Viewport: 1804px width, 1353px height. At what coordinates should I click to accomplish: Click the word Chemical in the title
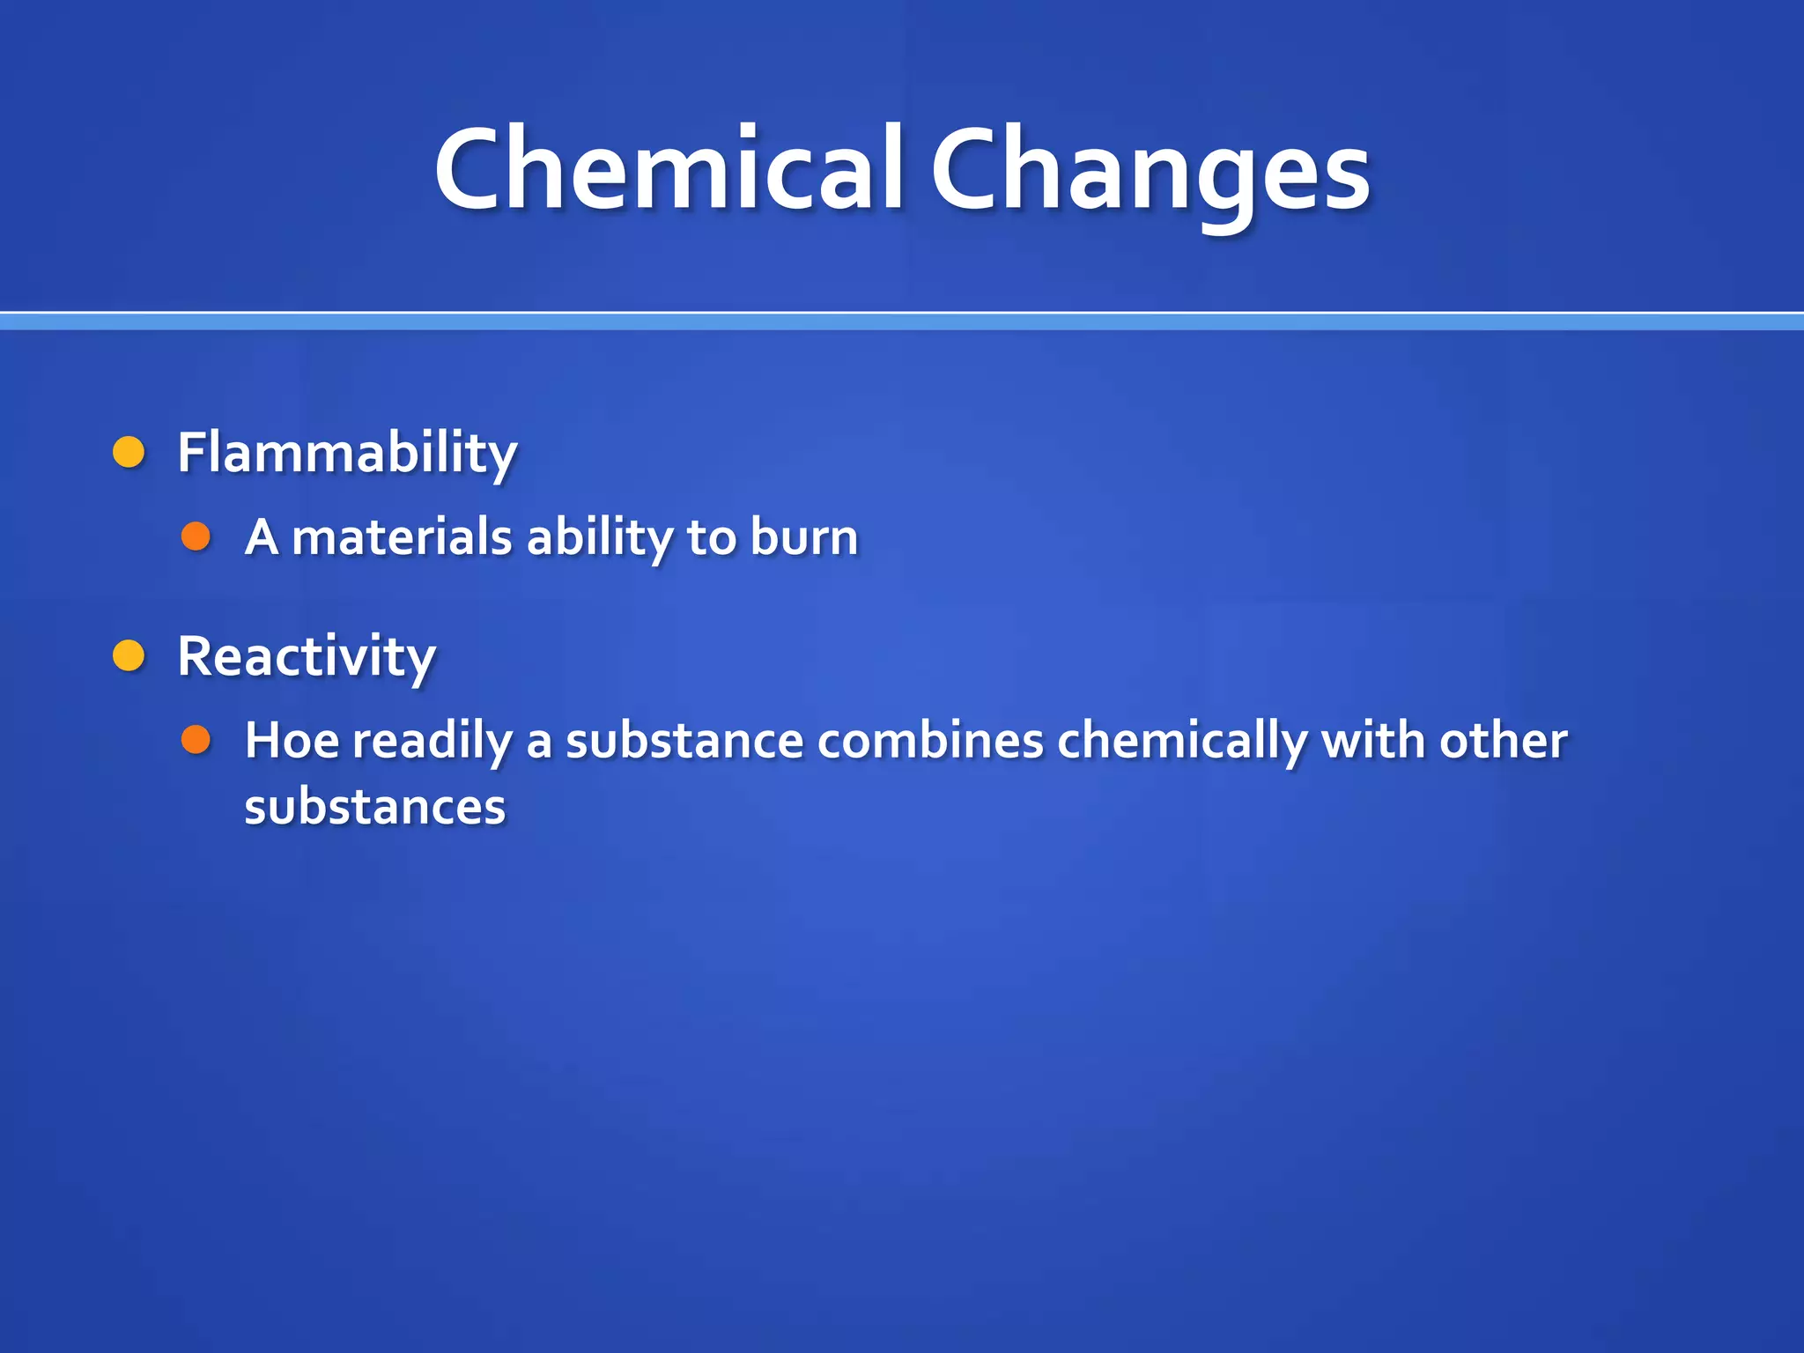669,169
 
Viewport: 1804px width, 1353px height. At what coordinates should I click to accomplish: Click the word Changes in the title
1150,169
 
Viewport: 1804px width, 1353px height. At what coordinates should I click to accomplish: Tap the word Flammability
347,453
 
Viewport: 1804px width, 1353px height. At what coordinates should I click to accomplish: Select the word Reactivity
307,656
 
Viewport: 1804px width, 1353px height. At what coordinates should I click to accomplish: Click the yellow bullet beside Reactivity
129,655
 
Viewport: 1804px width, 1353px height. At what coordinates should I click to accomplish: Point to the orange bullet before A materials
196,536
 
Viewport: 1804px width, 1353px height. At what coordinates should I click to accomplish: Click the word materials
402,537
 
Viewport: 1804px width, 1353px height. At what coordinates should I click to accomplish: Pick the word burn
804,537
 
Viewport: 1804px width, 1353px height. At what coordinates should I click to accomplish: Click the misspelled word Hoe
292,740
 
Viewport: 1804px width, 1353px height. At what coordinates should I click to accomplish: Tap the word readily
433,742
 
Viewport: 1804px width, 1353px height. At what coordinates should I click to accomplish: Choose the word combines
930,740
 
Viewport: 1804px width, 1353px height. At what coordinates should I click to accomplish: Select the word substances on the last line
375,807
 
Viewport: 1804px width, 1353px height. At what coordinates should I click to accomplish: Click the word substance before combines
684,740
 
